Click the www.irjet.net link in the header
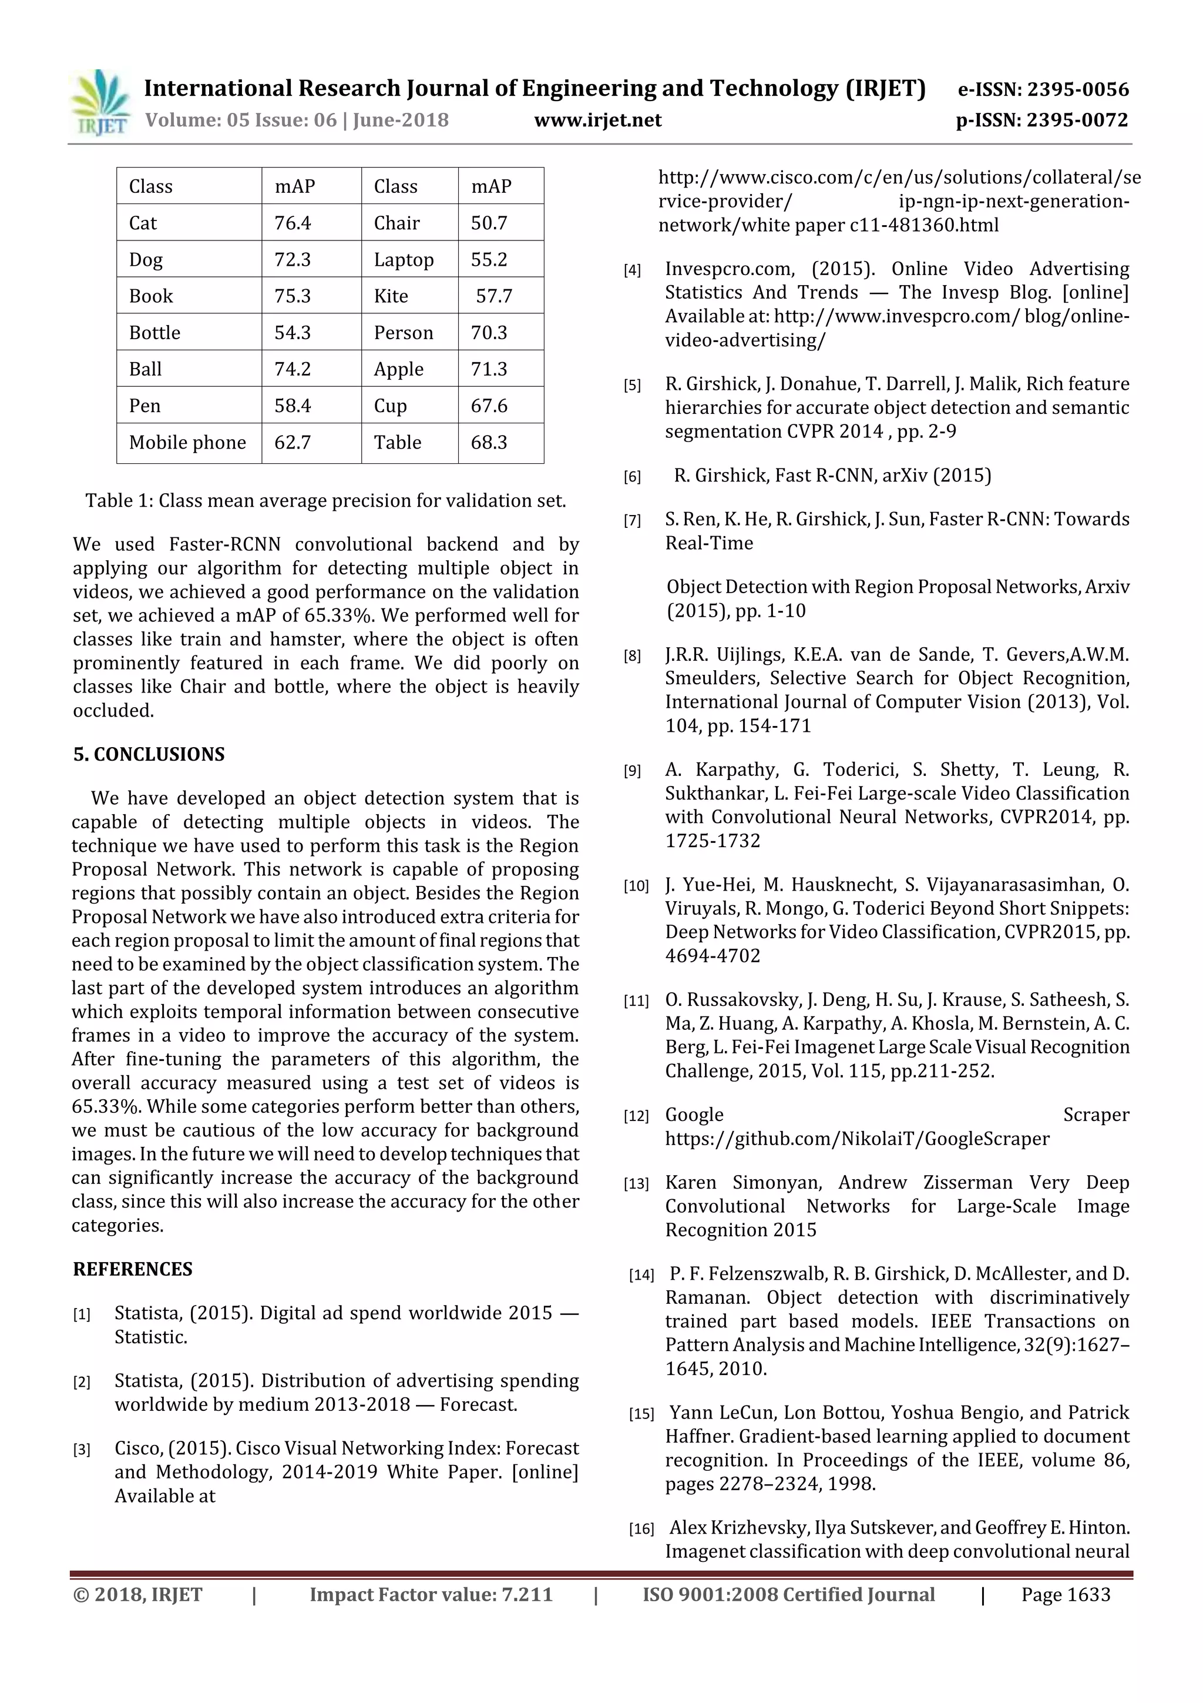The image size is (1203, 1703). click(x=597, y=120)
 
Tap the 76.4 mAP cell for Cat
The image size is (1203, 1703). click(x=293, y=223)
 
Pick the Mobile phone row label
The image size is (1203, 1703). click(x=187, y=443)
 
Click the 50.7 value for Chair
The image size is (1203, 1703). click(x=489, y=223)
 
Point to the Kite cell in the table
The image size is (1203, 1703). click(x=391, y=296)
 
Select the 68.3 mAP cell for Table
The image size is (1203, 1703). click(x=489, y=443)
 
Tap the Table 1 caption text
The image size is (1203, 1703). click(x=325, y=501)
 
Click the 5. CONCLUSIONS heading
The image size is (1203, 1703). click(x=149, y=754)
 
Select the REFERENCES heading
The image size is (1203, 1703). click(x=133, y=1269)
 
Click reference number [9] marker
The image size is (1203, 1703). click(x=632, y=771)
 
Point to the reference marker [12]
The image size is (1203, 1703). click(x=636, y=1116)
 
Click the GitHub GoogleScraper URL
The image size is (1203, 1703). click(x=857, y=1139)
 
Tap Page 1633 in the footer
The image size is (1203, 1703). click(x=1065, y=1595)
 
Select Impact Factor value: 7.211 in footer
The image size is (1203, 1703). click(x=431, y=1595)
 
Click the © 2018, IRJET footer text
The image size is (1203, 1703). click(x=138, y=1595)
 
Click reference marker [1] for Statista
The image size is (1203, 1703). click(x=82, y=1315)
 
